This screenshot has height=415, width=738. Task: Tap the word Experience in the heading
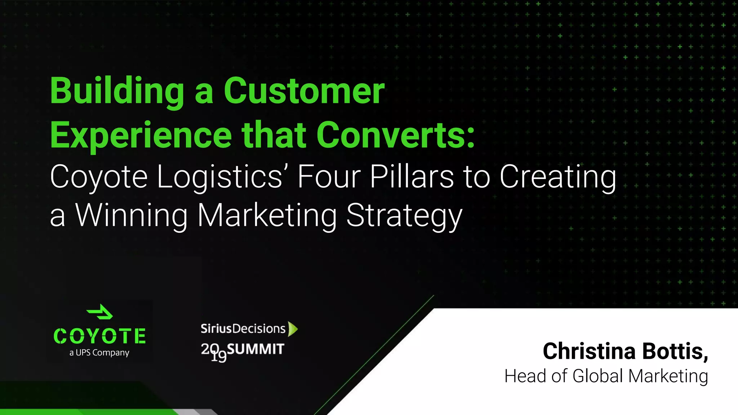pyautogui.click(x=141, y=135)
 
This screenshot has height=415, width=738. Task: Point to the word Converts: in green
pyautogui.click(x=396, y=135)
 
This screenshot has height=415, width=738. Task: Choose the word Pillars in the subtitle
pyautogui.click(x=412, y=177)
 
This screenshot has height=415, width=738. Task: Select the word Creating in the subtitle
pyautogui.click(x=558, y=177)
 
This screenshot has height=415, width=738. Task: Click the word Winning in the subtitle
pyautogui.click(x=132, y=215)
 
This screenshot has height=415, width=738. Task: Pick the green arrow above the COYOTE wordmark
pyautogui.click(x=100, y=312)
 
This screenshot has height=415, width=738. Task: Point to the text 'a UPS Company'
pyautogui.click(x=99, y=353)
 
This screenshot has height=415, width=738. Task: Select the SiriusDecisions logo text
pyautogui.click(x=243, y=329)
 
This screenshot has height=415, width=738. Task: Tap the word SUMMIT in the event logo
pyautogui.click(x=255, y=349)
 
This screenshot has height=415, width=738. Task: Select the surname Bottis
pyautogui.click(x=675, y=351)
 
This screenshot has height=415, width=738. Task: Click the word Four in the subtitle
pyautogui.click(x=329, y=177)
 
